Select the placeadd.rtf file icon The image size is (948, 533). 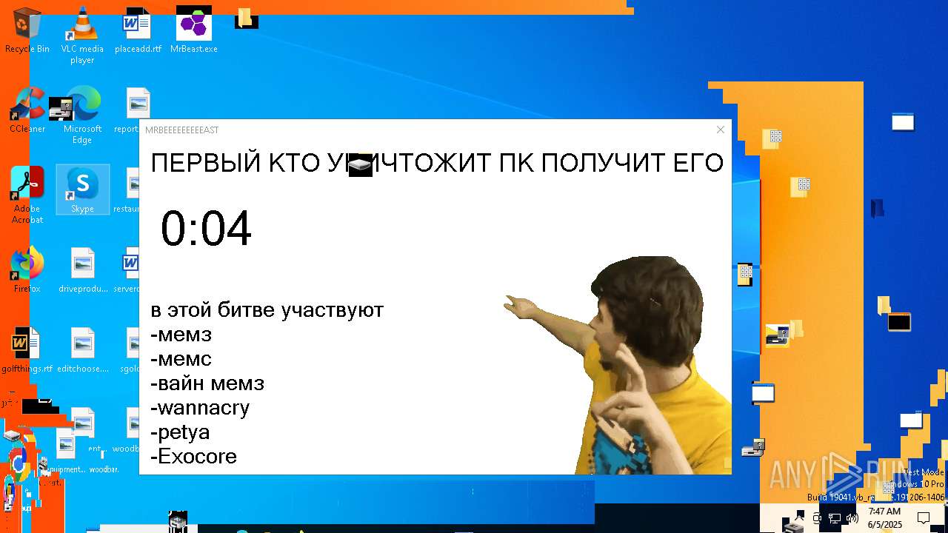138,27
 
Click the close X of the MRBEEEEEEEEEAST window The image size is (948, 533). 720,130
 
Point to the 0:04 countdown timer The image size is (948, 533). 206,229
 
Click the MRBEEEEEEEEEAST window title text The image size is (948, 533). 182,130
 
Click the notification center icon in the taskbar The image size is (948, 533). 924,517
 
